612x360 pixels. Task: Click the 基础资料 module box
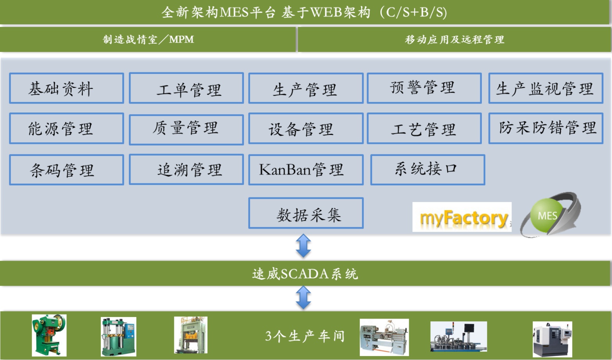(66, 88)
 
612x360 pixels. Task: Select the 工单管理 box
(186, 88)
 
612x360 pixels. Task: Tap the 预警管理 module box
(424, 88)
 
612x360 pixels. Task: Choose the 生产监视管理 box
(546, 88)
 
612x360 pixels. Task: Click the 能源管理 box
(66, 128)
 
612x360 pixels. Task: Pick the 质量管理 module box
(186, 129)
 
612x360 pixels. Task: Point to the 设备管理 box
(306, 128)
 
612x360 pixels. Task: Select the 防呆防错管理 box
(546, 128)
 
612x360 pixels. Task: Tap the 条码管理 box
(66, 170)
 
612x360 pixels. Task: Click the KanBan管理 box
(306, 170)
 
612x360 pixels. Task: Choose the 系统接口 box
(428, 170)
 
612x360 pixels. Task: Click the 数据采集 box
(306, 213)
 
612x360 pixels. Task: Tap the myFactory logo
(462, 217)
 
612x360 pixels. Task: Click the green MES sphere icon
(547, 215)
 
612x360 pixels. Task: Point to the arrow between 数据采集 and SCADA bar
(303, 245)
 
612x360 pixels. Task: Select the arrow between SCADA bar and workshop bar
(303, 298)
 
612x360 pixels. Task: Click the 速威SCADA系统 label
(305, 274)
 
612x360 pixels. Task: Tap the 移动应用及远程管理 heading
(455, 39)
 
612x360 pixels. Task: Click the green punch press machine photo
(49, 335)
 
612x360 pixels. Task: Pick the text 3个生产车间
(305, 336)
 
